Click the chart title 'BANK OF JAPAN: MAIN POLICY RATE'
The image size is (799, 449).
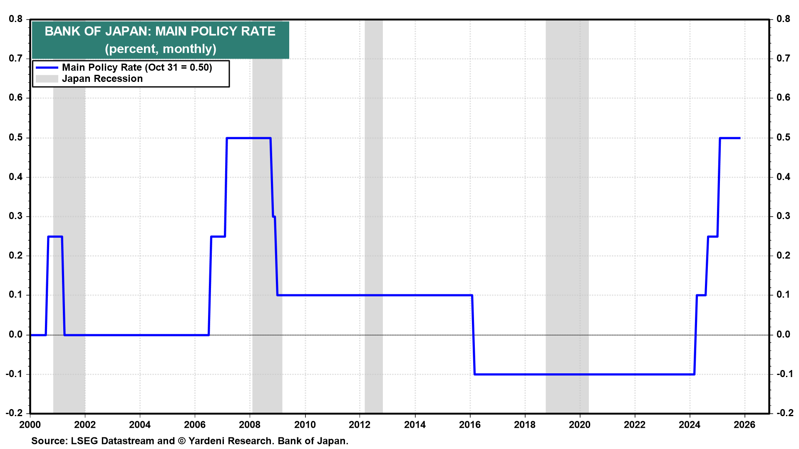(x=160, y=31)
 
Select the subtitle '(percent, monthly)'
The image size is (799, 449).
(x=160, y=49)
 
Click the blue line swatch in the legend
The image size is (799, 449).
(x=47, y=67)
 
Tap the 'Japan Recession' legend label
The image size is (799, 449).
(x=102, y=79)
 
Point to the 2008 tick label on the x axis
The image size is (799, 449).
(x=250, y=424)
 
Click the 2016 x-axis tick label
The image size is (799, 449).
(x=470, y=424)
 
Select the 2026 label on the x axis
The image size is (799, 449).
(x=744, y=424)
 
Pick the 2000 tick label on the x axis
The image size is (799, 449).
(x=30, y=424)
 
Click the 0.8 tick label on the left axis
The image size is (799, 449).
(x=15, y=19)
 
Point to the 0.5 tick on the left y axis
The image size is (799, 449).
(x=15, y=138)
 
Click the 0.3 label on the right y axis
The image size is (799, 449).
(x=783, y=216)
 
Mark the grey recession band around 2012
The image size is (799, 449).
(x=373, y=208)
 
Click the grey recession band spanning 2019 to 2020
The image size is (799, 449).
(x=567, y=208)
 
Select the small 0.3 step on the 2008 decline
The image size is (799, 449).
(x=274, y=217)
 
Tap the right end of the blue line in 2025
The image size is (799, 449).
(x=739, y=138)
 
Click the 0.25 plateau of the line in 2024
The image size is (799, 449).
(x=712, y=237)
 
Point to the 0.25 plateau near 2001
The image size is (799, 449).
(x=55, y=237)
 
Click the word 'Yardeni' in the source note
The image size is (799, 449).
(x=207, y=441)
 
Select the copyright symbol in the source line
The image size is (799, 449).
(x=181, y=441)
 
